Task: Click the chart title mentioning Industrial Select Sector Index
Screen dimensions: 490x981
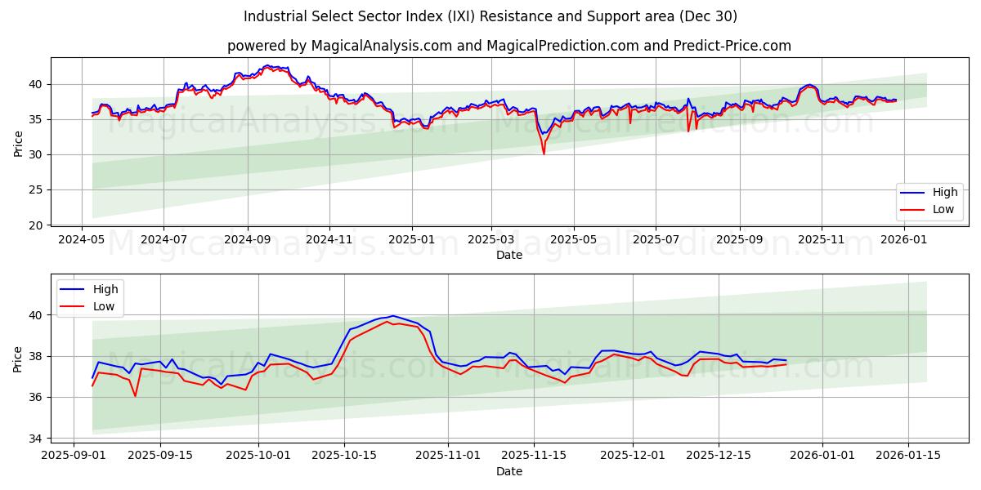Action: click(490, 16)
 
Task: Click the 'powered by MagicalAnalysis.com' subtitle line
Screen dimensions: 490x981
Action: click(508, 46)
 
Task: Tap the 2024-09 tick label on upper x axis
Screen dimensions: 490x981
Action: click(247, 239)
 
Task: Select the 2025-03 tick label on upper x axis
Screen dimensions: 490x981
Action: click(491, 239)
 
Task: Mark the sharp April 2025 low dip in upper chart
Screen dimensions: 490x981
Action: click(544, 153)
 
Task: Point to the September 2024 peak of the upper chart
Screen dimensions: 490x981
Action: click(267, 66)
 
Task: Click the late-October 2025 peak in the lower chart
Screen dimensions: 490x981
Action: click(392, 316)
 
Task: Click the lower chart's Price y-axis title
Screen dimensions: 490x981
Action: click(18, 359)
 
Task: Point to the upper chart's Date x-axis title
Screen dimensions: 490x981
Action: click(508, 255)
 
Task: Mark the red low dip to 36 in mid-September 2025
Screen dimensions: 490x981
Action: click(135, 396)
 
